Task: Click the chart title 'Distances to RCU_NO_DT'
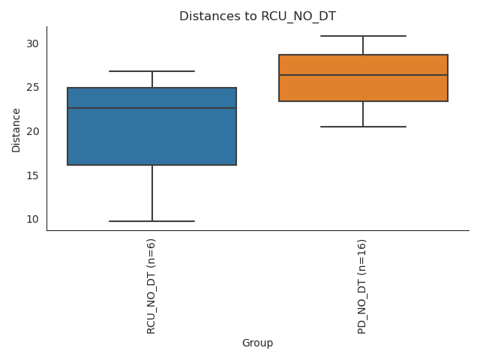coord(257,16)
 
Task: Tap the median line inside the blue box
coord(151,108)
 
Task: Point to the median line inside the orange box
coord(363,75)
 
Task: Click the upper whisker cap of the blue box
coord(151,71)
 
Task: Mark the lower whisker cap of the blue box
coord(151,221)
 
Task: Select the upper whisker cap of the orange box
coord(363,36)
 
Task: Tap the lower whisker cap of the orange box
coord(363,127)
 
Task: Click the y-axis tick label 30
coord(32,43)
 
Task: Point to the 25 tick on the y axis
coord(32,88)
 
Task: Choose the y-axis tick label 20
coord(32,131)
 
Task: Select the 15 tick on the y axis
coord(32,175)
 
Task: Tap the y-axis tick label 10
coord(32,219)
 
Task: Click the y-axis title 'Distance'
coord(16,128)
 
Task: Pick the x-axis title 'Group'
coord(257,343)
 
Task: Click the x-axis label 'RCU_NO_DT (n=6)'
coord(151,286)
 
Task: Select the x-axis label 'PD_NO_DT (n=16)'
coord(363,286)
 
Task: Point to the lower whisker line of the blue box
coord(151,193)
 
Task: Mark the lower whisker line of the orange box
coord(363,114)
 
